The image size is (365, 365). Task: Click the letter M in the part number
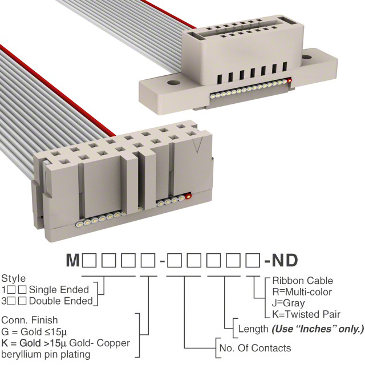pos(73,261)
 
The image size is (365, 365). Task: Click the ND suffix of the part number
pos(285,261)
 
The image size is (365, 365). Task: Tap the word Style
pos(14,279)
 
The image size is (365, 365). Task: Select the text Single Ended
pos(59,290)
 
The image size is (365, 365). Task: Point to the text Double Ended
pos(61,301)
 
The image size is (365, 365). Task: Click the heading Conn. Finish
pos(30,321)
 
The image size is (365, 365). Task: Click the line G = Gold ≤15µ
pos(34,332)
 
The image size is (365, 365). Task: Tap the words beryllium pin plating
pos(46,355)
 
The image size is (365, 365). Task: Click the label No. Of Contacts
pos(255,348)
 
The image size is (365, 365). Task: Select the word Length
pos(253,329)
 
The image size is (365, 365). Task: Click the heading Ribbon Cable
pos(303,281)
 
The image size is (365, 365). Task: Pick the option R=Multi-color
pos(302,292)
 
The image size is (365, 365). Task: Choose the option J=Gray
pos(288,303)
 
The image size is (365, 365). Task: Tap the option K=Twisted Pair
pos(306,314)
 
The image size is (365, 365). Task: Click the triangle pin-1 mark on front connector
pos(197,145)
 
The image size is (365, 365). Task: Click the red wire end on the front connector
pos(188,196)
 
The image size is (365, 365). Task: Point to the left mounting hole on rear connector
pos(173,83)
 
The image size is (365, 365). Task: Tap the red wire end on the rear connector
pos(289,81)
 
